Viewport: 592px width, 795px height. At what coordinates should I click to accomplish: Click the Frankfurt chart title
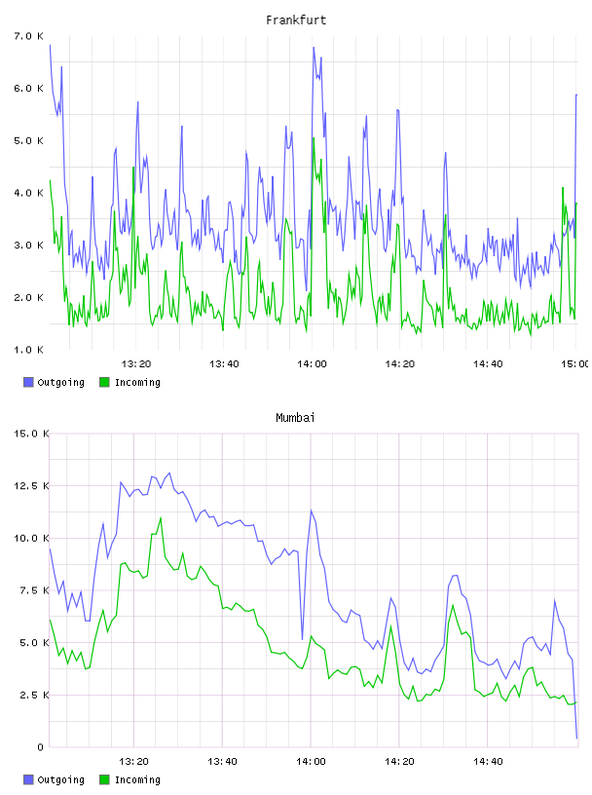click(296, 19)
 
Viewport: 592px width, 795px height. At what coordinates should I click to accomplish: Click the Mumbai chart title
click(295, 417)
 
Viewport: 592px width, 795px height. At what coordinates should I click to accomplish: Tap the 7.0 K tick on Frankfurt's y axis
click(28, 36)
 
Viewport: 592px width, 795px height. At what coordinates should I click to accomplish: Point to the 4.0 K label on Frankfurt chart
click(28, 193)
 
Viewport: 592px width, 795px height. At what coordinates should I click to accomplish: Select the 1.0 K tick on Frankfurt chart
click(28, 350)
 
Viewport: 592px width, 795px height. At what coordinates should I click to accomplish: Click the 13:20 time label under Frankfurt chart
click(136, 363)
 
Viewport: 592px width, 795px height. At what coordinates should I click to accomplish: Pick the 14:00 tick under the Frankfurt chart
click(312, 363)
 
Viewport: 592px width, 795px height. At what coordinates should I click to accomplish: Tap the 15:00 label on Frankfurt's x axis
click(574, 363)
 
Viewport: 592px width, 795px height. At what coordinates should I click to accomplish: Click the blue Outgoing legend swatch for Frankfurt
click(28, 382)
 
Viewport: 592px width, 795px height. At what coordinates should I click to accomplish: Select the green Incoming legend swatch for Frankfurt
click(104, 382)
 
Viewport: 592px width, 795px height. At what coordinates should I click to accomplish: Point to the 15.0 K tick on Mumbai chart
click(31, 434)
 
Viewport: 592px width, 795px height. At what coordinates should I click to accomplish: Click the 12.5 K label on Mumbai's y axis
click(31, 486)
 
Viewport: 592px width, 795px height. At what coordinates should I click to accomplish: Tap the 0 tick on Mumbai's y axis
click(40, 747)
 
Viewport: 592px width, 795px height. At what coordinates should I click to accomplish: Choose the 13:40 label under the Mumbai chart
click(222, 761)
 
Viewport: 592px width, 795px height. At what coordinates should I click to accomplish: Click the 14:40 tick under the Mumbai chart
click(488, 761)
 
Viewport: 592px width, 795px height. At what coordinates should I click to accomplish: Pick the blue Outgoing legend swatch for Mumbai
click(28, 779)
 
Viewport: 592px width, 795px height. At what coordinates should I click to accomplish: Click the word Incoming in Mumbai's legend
click(137, 779)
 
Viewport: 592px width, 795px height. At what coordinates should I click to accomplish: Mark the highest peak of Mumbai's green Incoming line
click(161, 517)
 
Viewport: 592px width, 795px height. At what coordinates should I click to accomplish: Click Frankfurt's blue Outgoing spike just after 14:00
click(314, 48)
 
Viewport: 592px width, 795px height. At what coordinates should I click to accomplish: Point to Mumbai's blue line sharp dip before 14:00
click(302, 639)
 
